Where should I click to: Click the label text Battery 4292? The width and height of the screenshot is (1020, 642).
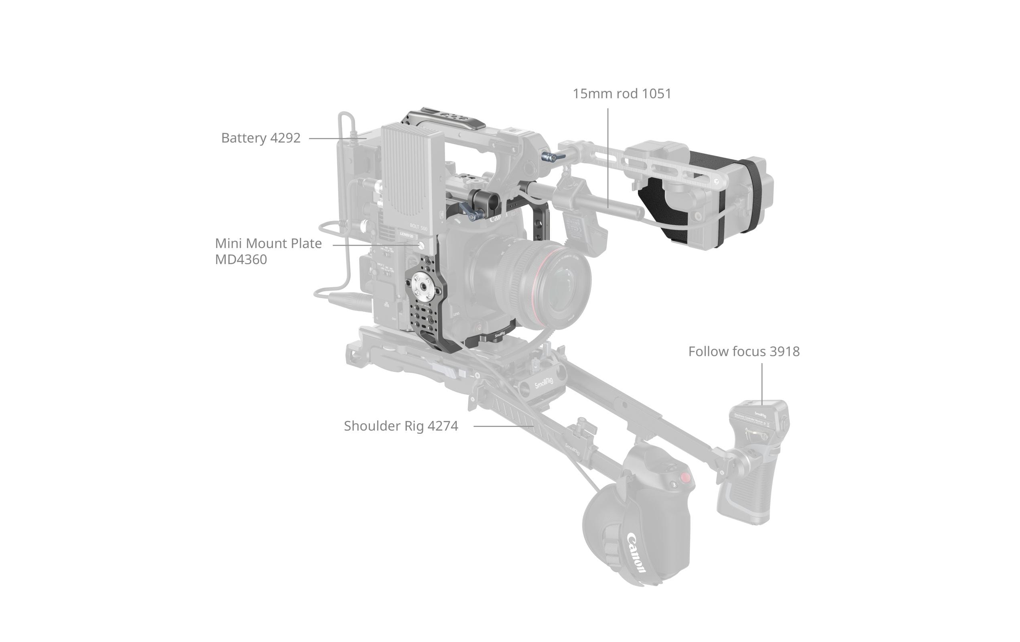point(260,138)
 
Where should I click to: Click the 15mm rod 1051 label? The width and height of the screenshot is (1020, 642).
point(622,93)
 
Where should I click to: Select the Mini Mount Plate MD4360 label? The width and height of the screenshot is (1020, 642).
point(268,251)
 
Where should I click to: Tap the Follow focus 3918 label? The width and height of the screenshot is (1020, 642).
point(744,351)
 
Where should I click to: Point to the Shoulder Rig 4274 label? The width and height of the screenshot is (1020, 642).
point(401,426)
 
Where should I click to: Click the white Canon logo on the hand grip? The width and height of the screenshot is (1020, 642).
point(636,553)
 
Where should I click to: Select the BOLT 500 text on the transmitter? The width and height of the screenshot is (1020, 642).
point(418,227)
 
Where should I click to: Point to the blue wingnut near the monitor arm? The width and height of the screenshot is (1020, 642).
point(550,158)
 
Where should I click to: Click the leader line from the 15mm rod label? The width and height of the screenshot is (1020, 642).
point(608,157)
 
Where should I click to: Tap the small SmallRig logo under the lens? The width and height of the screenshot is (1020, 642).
point(500,335)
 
